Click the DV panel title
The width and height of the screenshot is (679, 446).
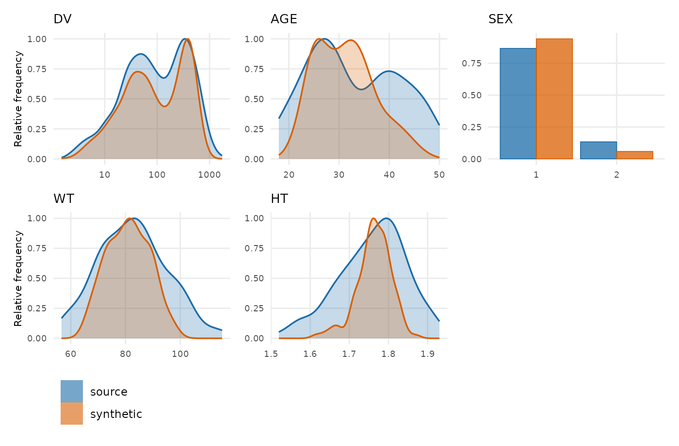[63, 19]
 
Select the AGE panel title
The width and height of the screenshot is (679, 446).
[284, 19]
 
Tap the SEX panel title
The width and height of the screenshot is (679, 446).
[501, 19]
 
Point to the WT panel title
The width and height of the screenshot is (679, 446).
[64, 199]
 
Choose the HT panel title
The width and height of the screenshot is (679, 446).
[279, 199]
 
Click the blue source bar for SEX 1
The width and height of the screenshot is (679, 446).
[518, 104]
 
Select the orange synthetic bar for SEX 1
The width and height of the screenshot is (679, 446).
[554, 99]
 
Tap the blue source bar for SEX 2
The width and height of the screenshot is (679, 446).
[598, 150]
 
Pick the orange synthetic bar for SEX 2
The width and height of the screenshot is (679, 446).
[635, 155]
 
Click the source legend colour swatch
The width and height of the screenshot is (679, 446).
[72, 391]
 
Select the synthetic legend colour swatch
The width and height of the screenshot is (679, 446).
[72, 414]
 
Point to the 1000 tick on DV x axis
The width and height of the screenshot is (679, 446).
[210, 175]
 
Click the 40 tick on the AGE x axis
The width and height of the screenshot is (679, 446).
[389, 175]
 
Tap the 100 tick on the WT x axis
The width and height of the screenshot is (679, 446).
[180, 354]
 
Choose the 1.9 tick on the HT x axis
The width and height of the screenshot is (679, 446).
[428, 354]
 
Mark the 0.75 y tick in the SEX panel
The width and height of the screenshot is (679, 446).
[471, 63]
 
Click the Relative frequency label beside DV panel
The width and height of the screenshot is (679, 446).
[18, 99]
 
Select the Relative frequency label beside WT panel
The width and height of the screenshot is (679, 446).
[18, 278]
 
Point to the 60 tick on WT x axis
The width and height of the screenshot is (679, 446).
[71, 354]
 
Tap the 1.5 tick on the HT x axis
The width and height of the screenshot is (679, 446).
[271, 354]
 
